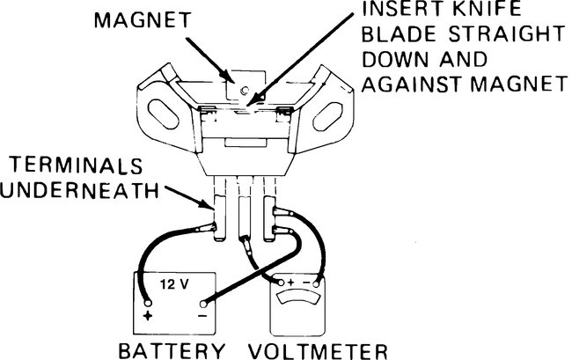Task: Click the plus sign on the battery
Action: (148, 314)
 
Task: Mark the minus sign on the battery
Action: (202, 314)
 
